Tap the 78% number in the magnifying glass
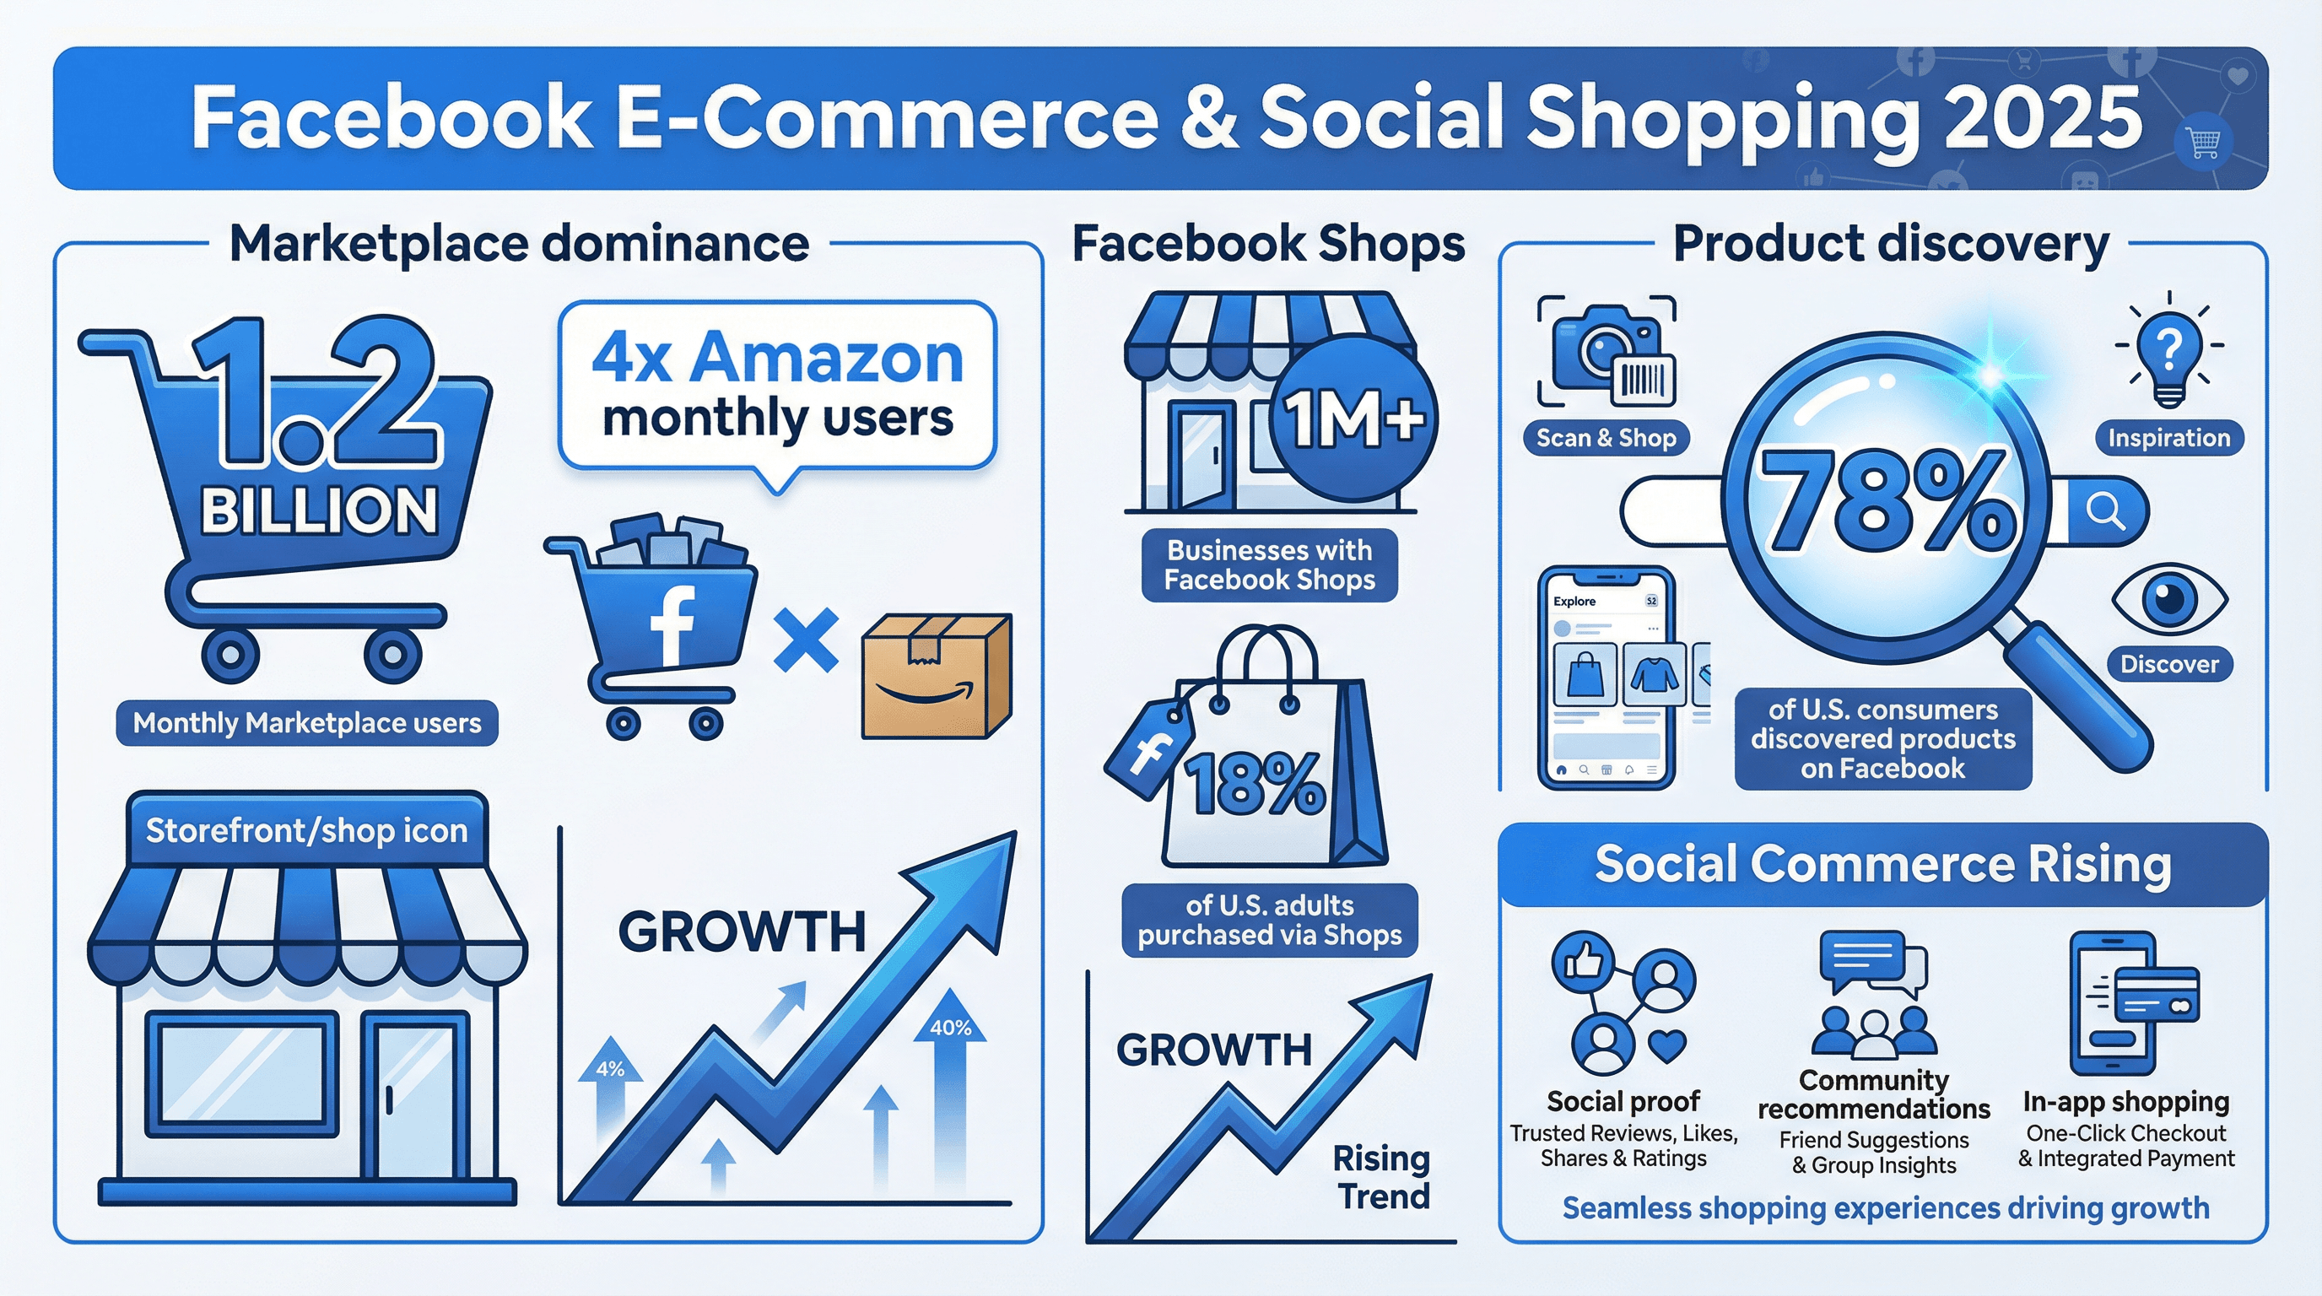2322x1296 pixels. pos(1887,502)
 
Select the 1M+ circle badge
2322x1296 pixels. pos(1353,418)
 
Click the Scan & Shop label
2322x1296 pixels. pos(1606,438)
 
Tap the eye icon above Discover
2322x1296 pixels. pos(2169,597)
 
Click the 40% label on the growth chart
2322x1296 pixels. pos(950,1029)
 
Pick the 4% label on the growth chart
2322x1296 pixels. pos(610,1070)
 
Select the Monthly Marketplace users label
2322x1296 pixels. pos(306,723)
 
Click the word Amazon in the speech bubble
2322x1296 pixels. pos(827,358)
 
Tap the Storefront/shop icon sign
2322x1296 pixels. pos(306,830)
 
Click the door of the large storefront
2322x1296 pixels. pos(415,1095)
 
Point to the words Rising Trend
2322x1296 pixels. pos(1382,1177)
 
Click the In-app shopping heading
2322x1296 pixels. pos(2125,1101)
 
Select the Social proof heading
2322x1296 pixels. pos(1623,1101)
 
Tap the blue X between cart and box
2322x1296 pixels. pos(806,640)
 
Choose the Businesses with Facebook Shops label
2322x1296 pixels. pos(1269,565)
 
